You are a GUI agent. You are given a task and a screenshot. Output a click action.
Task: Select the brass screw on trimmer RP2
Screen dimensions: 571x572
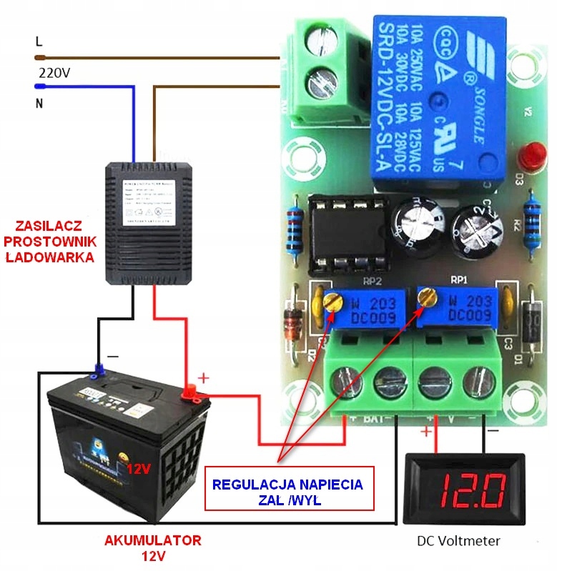point(331,301)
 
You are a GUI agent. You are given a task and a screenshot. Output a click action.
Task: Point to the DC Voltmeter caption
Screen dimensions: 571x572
point(458,541)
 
